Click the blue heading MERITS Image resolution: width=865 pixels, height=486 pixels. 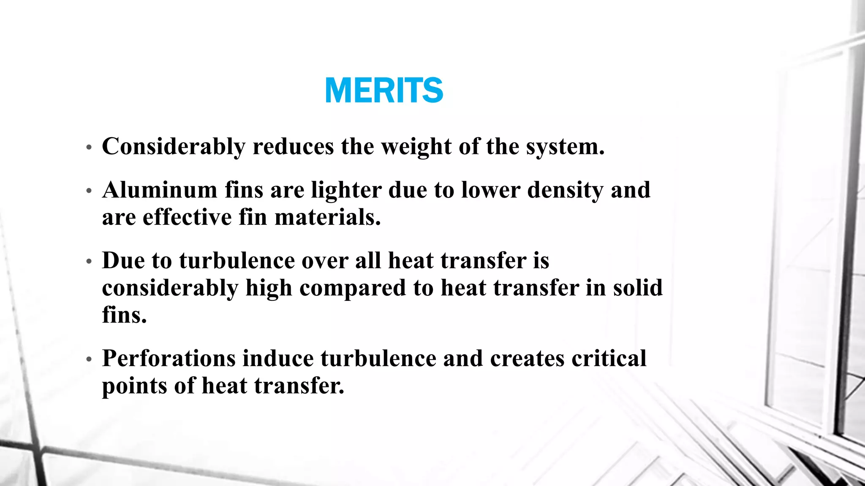(x=384, y=90)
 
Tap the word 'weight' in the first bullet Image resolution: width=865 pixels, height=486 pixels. (x=416, y=147)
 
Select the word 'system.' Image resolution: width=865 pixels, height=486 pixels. (x=565, y=148)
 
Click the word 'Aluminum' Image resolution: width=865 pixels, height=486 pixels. (x=160, y=190)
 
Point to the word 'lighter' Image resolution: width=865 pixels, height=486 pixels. (x=346, y=191)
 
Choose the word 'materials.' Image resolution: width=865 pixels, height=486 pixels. (x=328, y=218)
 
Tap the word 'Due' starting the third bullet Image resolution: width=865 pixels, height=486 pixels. (x=123, y=260)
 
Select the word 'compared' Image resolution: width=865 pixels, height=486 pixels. (x=353, y=289)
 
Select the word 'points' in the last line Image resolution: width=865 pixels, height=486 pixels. (x=134, y=386)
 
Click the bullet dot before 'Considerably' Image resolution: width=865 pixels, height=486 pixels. (x=89, y=148)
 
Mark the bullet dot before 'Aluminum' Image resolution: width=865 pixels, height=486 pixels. (x=89, y=191)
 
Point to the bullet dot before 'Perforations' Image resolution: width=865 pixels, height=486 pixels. (x=89, y=359)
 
